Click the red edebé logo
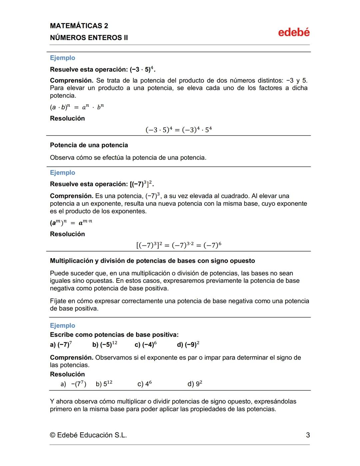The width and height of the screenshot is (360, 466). (294, 32)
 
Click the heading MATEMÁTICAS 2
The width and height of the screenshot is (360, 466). (79, 26)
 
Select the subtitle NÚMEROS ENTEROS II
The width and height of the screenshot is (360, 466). (89, 38)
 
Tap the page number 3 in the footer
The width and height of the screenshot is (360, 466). (308, 435)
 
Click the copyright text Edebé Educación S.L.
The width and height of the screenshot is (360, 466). (88, 435)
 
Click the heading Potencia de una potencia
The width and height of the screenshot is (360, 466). (89, 145)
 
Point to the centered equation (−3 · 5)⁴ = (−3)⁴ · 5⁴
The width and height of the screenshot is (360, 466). (179, 129)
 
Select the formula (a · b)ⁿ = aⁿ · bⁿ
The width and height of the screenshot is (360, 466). (77, 107)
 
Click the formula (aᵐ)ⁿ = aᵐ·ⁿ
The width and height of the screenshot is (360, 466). (71, 222)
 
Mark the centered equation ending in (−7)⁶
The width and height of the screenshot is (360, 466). (179, 245)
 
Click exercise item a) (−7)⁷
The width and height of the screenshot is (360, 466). (61, 344)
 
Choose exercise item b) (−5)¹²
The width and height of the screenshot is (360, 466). (105, 344)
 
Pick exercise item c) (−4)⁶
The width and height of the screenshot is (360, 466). (146, 344)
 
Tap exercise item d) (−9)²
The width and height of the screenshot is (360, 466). (188, 344)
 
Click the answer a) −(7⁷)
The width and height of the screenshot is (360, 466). (74, 384)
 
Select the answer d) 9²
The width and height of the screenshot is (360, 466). (195, 384)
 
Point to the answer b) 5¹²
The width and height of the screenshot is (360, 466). (104, 384)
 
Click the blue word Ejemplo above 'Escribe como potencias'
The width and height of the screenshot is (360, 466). (63, 326)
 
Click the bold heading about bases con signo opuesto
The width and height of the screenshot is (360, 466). (152, 261)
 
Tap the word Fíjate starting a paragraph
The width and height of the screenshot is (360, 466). (58, 301)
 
